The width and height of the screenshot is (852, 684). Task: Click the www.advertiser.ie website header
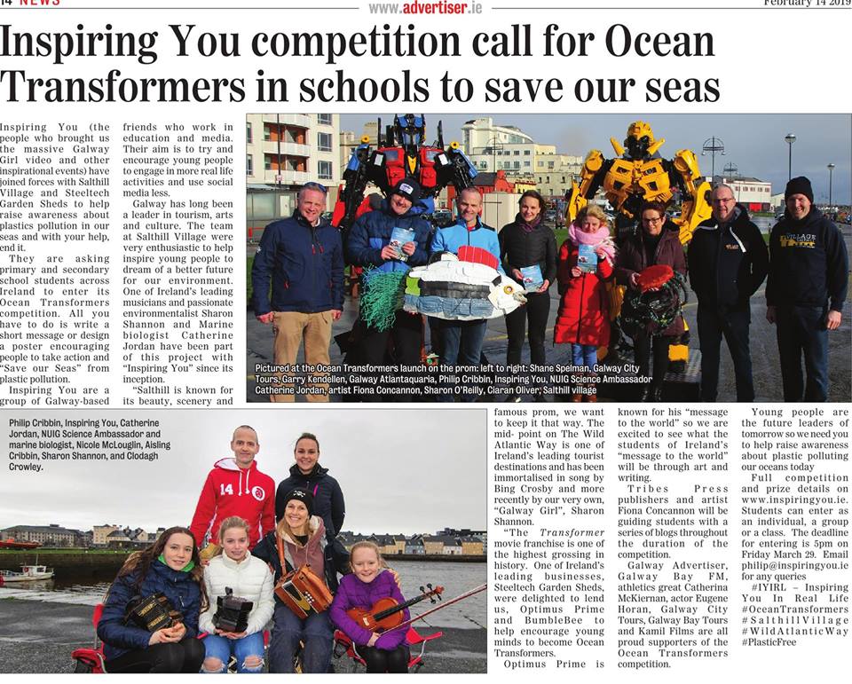point(425,7)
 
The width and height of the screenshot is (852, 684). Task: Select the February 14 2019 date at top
point(807,4)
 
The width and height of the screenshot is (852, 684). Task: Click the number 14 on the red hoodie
point(225,489)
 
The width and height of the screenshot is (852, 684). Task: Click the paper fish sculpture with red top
point(461,284)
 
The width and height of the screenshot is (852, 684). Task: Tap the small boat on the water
point(28,572)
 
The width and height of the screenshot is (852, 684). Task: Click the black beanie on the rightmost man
point(800,187)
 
